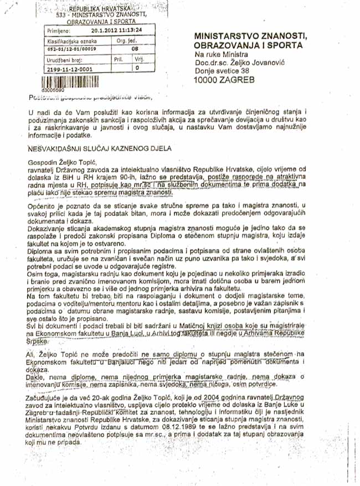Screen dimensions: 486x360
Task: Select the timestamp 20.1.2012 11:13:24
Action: [117, 31]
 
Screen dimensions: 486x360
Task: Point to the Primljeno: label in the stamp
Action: [56, 32]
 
